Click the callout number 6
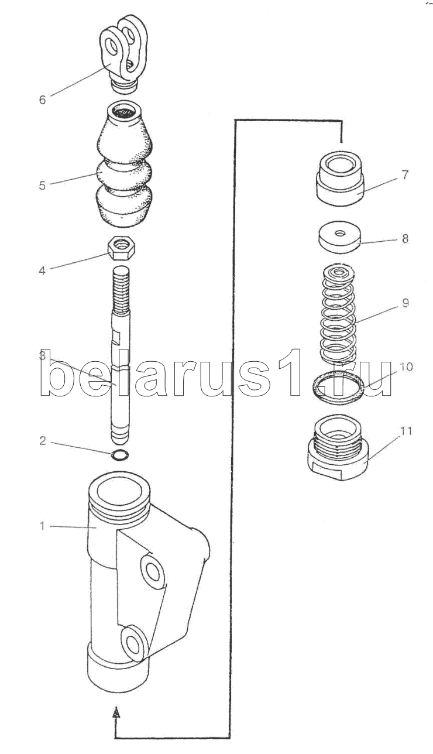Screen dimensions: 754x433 [42, 100]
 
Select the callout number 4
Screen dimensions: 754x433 [42, 271]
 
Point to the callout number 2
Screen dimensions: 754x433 [42, 441]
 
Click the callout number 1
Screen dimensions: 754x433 [42, 526]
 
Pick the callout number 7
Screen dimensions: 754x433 [405, 174]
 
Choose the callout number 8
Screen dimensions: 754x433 [405, 239]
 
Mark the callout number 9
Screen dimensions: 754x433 [405, 303]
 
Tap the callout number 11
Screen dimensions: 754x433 [405, 431]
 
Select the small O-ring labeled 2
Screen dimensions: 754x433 [119, 455]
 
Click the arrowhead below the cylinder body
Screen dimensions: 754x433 [117, 712]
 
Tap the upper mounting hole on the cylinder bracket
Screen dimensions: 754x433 [153, 571]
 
